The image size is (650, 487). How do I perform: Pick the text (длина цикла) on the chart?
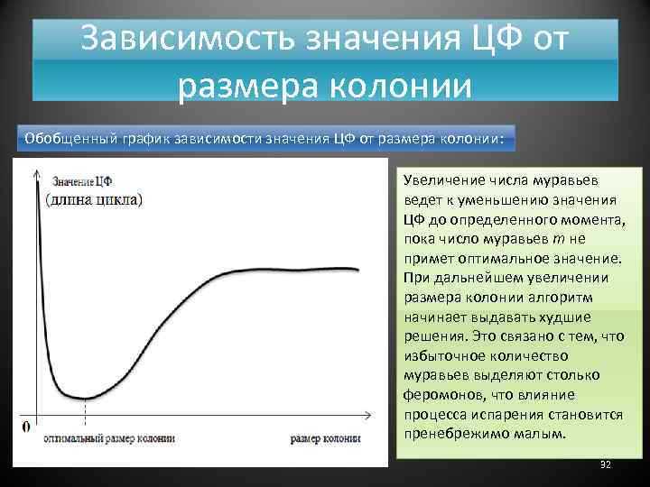(x=93, y=199)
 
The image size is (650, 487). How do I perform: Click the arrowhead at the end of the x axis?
(x=368, y=416)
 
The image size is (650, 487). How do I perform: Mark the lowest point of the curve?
(x=83, y=398)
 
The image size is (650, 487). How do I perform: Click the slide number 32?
(x=605, y=464)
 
